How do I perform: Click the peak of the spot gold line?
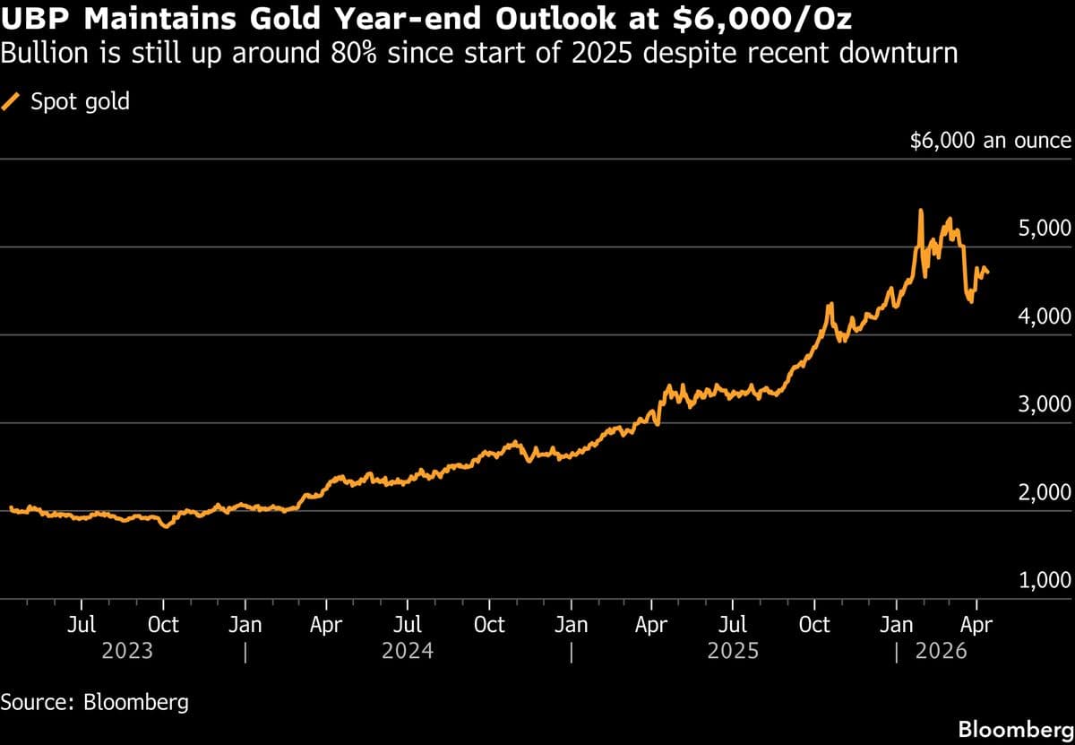click(x=921, y=211)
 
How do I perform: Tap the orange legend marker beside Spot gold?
click(x=13, y=102)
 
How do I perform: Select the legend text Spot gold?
click(x=80, y=102)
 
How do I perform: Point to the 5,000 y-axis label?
click(x=1045, y=228)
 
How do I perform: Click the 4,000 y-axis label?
click(x=1045, y=316)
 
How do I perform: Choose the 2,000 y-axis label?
click(x=1045, y=492)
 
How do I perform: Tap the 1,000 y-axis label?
click(x=1045, y=580)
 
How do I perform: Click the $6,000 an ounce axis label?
click(x=990, y=141)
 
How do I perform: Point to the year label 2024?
click(x=408, y=651)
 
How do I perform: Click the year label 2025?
click(x=733, y=651)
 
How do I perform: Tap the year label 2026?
click(x=942, y=651)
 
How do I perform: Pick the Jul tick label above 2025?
click(x=733, y=624)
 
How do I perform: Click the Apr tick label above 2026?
click(x=976, y=624)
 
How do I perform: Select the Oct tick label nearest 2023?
click(x=163, y=624)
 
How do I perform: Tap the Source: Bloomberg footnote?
click(x=95, y=701)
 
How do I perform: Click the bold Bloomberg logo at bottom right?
click(x=1015, y=729)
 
